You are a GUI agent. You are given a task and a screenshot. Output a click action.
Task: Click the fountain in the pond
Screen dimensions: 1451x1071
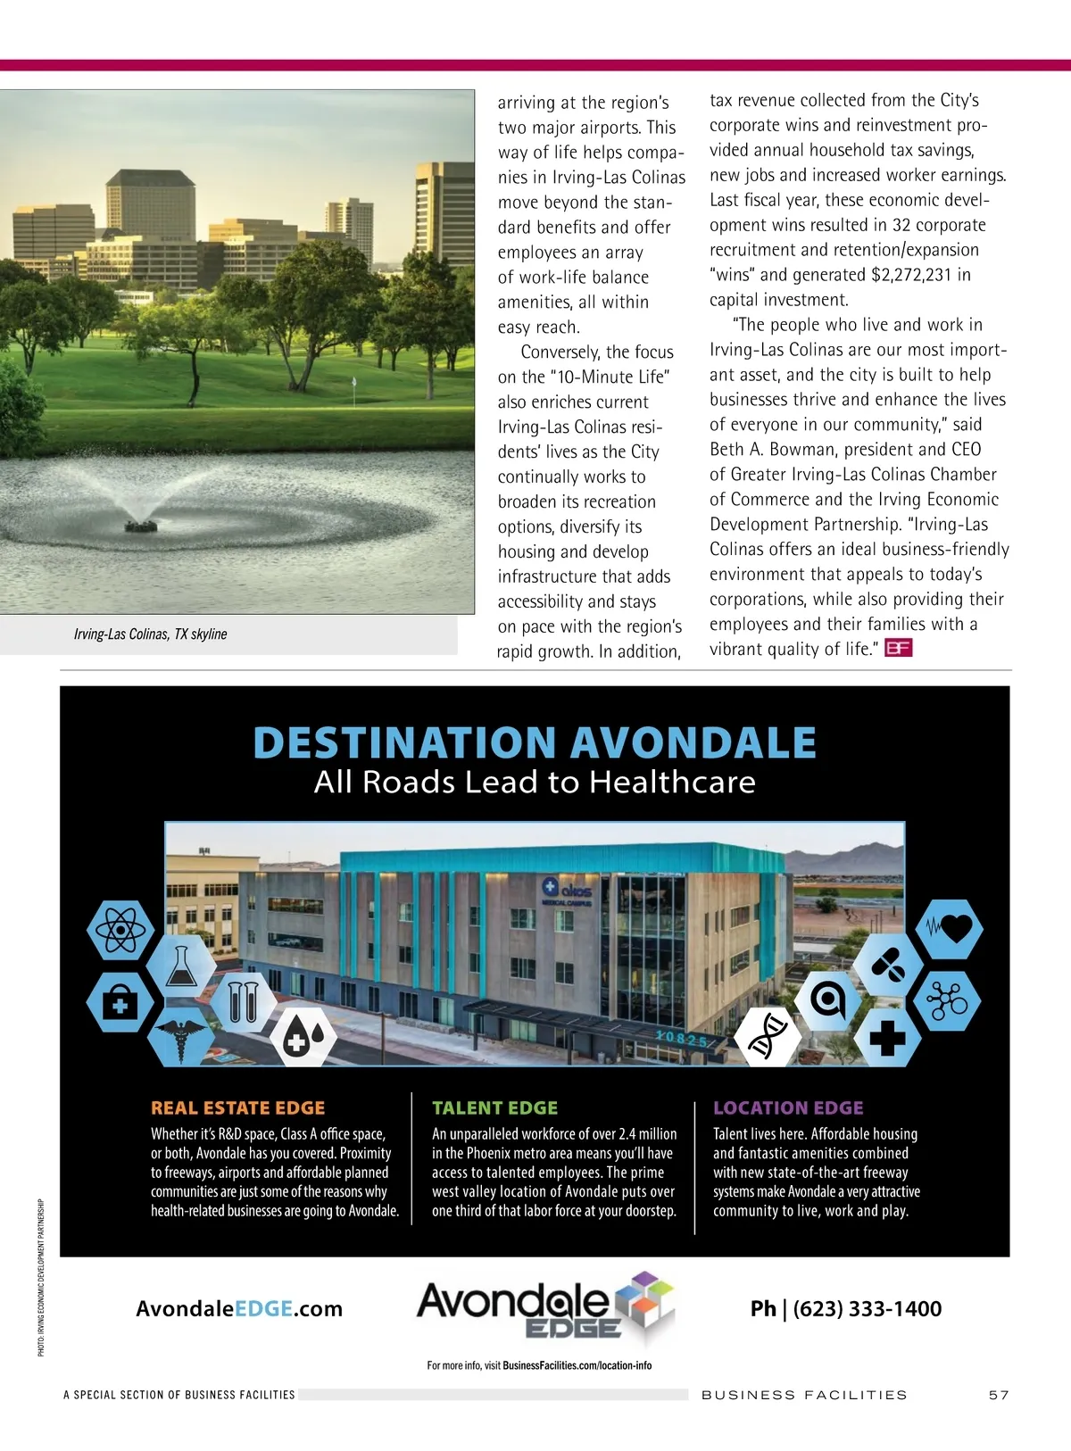141,522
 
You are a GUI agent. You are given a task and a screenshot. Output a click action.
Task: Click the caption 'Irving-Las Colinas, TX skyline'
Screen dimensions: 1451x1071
150,634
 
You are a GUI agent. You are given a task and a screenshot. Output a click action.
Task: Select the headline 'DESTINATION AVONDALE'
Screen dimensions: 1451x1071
535,742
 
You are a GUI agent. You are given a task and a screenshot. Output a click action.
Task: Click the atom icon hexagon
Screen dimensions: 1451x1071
120,931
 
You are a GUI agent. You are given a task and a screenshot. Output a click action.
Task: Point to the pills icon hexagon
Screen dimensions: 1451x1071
889,965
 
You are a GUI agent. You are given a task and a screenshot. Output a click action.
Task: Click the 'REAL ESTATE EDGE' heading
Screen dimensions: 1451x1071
238,1108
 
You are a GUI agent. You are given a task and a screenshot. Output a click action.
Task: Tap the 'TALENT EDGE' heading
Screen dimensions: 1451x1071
494,1108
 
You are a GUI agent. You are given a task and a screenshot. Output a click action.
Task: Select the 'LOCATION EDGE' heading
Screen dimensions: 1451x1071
788,1108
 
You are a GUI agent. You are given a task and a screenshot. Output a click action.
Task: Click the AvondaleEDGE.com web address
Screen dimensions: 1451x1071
239,1309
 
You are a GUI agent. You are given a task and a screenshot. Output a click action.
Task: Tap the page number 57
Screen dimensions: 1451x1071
998,1395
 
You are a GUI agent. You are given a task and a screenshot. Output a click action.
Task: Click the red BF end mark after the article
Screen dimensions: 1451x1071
898,649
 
